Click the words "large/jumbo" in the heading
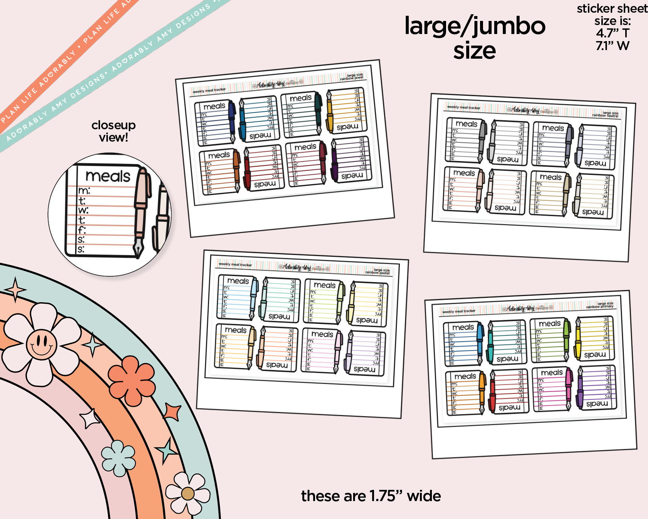[x=475, y=26]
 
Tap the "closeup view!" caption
[x=113, y=131]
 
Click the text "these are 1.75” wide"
[x=371, y=496]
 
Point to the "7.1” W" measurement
[x=613, y=46]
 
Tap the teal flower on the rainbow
[x=119, y=458]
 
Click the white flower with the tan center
[x=188, y=494]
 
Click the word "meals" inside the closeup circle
[x=108, y=176]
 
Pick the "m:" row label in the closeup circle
[x=84, y=191]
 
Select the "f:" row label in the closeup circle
[x=82, y=230]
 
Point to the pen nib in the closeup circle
[x=138, y=248]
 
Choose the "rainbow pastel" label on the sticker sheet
[x=377, y=272]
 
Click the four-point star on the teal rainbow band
[x=15, y=289]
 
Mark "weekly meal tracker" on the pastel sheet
[x=235, y=264]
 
